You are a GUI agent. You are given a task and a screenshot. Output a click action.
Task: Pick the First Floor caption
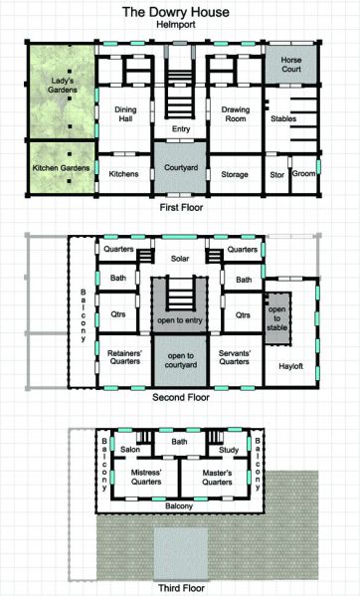coord(180,209)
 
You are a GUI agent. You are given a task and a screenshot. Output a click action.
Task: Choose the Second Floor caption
coord(180,397)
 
